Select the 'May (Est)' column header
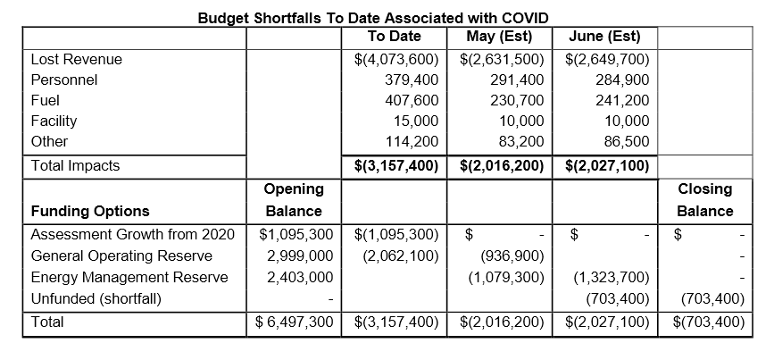(499, 37)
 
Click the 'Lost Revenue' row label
(76, 59)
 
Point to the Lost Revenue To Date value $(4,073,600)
(396, 60)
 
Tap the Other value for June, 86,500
(624, 141)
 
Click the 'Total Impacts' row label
(75, 165)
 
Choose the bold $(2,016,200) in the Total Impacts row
(501, 165)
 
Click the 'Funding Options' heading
(89, 212)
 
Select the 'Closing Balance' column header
(704, 200)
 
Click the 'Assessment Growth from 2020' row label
(132, 235)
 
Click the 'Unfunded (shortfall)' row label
(96, 298)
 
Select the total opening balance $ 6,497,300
(294, 322)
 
